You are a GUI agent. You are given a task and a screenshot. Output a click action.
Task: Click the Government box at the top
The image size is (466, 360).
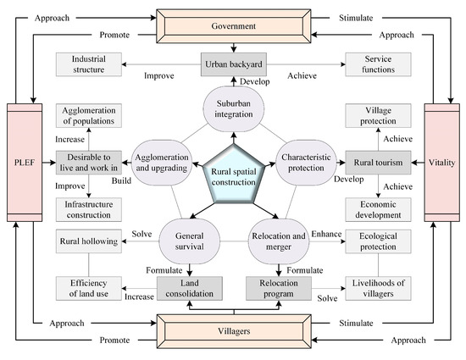pyautogui.click(x=234, y=26)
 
